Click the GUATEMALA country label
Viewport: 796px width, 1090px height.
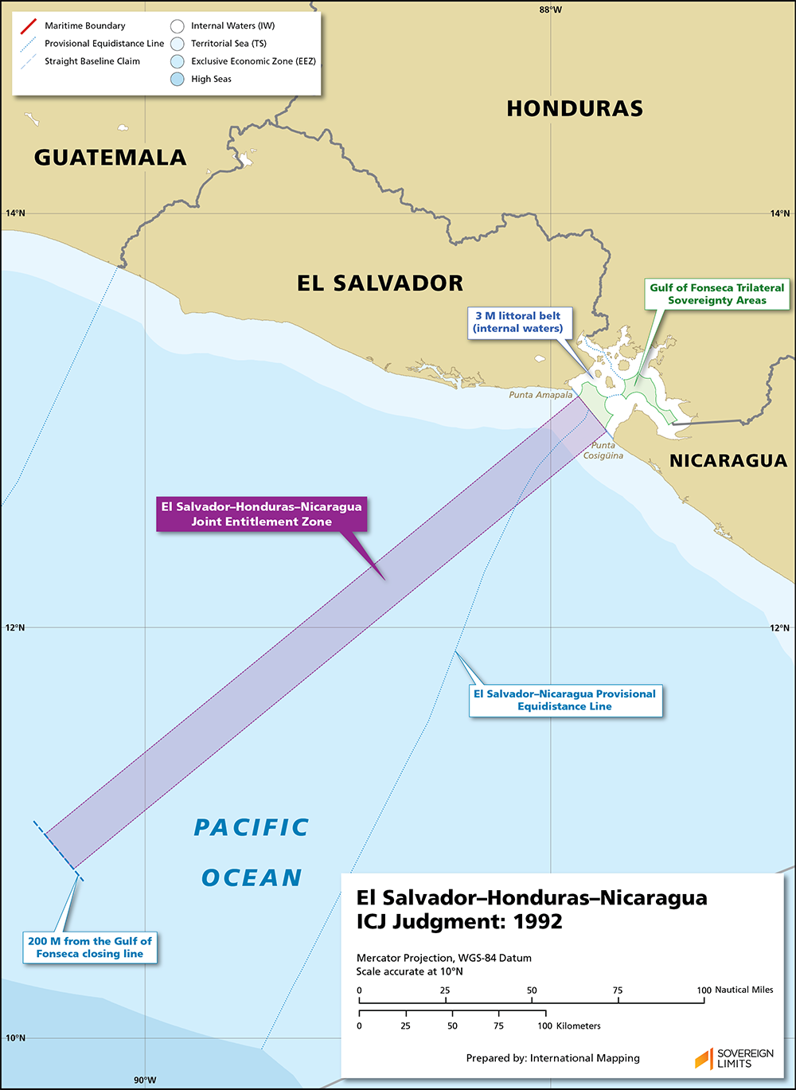[110, 157]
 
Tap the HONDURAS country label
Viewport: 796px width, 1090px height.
[575, 108]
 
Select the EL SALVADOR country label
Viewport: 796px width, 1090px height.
[380, 283]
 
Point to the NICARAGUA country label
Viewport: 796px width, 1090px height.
[728, 460]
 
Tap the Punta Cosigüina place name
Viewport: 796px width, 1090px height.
[603, 451]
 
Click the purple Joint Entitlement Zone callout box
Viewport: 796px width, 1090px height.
[261, 514]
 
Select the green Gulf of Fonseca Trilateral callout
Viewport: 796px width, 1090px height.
[716, 294]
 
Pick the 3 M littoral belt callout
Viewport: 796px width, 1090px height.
[517, 322]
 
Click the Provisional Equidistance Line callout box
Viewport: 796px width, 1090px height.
[564, 700]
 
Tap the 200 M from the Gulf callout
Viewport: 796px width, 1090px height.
[89, 947]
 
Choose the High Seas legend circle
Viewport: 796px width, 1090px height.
[177, 79]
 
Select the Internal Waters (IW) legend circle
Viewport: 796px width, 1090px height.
[177, 26]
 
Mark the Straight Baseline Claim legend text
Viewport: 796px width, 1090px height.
[92, 61]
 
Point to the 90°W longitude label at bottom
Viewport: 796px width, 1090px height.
[145, 1080]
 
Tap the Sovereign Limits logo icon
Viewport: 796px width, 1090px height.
[704, 1058]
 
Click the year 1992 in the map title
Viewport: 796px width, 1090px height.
[538, 921]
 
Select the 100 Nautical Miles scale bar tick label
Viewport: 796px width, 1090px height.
[704, 990]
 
